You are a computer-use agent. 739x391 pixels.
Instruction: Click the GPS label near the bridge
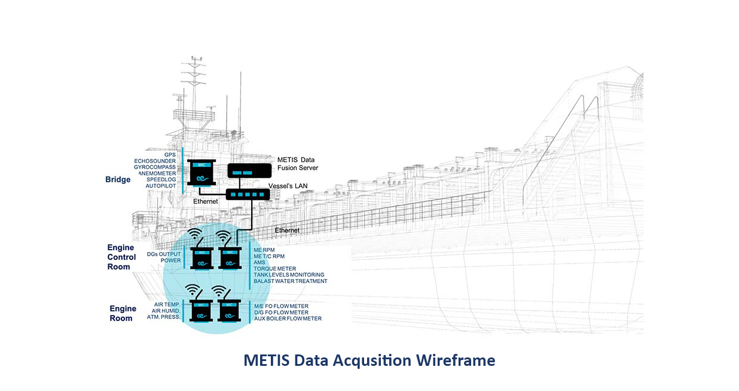pos(170,154)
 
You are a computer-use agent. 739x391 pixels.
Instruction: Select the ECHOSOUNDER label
pos(155,161)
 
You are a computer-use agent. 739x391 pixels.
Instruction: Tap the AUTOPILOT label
pos(161,186)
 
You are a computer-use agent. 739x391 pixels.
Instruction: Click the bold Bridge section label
pos(118,180)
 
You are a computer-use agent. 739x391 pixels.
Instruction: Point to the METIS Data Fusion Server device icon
pos(249,171)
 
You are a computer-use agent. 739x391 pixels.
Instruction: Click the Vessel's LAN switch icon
pos(248,195)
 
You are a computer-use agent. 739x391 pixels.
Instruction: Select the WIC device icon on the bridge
pos(201,173)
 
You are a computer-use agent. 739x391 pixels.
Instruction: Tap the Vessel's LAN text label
pos(288,186)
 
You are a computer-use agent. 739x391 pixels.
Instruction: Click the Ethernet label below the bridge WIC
pos(206,201)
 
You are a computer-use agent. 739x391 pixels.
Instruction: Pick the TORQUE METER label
pos(275,269)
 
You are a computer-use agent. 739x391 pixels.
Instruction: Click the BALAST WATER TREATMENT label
pos(291,281)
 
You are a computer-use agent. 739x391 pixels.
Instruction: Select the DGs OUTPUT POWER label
pos(164,257)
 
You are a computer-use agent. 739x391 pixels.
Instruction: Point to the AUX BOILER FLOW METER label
pos(288,319)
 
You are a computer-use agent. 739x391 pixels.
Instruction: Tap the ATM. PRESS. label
pos(164,317)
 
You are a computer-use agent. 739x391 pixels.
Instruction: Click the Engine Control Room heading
pos(121,257)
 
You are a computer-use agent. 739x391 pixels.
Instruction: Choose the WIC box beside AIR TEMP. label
pos(201,311)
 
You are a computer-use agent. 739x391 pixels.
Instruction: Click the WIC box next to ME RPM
pos(230,258)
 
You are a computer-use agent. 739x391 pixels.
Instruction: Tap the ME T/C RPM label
pos(269,256)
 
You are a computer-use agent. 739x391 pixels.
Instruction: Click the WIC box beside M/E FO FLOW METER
pos(229,311)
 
